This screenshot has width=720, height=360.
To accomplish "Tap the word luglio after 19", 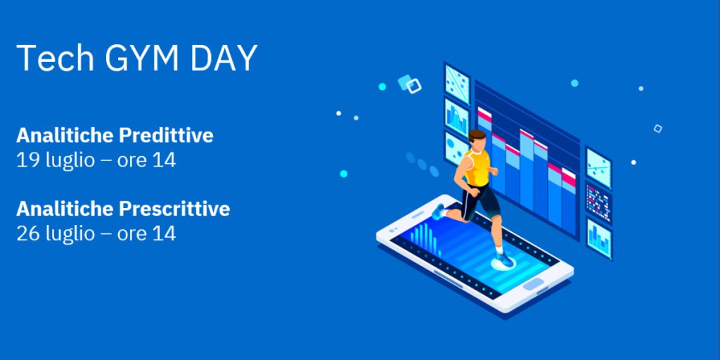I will pos(70,161).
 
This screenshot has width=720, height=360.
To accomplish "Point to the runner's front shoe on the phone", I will pos(504,260).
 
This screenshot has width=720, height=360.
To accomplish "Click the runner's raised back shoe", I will pos(439,211).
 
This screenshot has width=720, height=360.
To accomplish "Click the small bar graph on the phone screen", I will pos(423,234).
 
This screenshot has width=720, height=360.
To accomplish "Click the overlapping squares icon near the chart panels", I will pos(410,84).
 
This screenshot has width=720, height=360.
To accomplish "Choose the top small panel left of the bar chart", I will pos(456,83).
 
